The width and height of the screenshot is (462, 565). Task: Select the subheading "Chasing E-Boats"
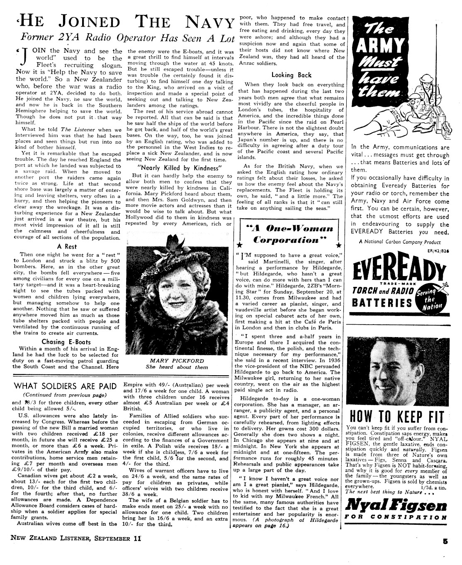[66, 342]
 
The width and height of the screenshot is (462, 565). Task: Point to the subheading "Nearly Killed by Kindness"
[180, 168]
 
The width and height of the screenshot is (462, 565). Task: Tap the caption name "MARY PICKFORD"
[177, 361]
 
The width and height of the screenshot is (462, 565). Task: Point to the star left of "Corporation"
[239, 245]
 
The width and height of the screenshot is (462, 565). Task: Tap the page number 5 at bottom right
[445, 541]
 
